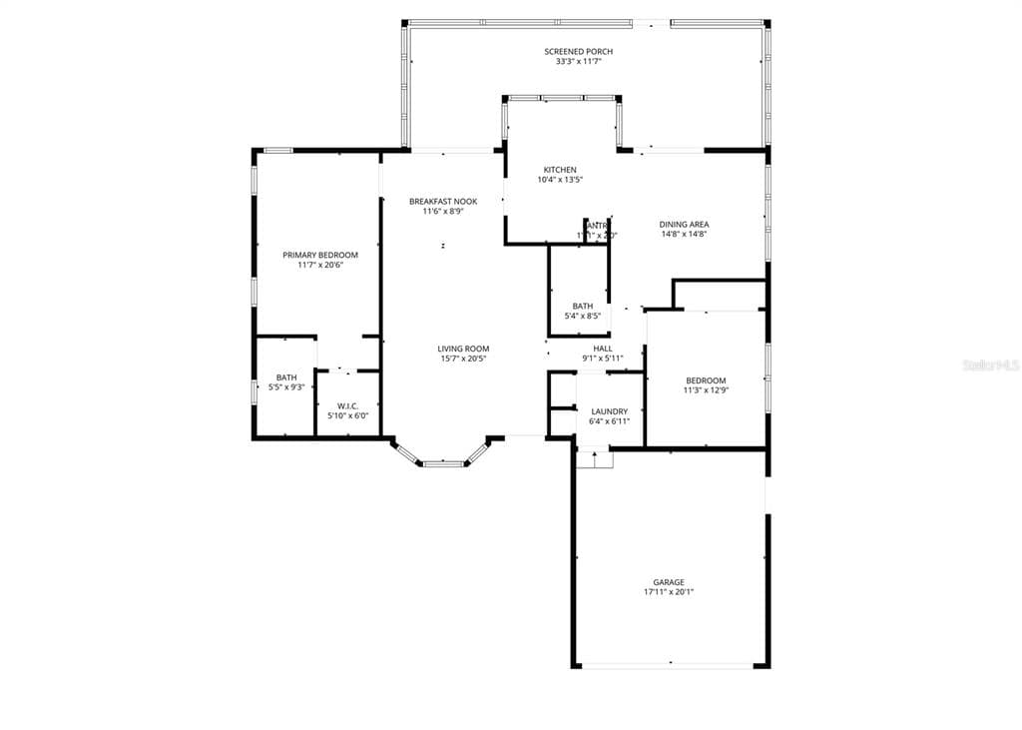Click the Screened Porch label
578,51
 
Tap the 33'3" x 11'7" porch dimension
578,62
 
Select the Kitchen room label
559,170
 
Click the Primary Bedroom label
319,255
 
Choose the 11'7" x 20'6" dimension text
319,266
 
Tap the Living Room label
463,349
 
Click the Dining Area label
684,224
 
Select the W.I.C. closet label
347,405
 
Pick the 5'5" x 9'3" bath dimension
286,387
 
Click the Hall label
603,349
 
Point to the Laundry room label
609,411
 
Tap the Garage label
669,582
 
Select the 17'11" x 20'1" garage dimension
669,592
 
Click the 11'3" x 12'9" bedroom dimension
706,390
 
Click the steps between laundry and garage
594,459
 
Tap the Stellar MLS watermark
990,366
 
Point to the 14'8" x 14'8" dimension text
684,235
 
